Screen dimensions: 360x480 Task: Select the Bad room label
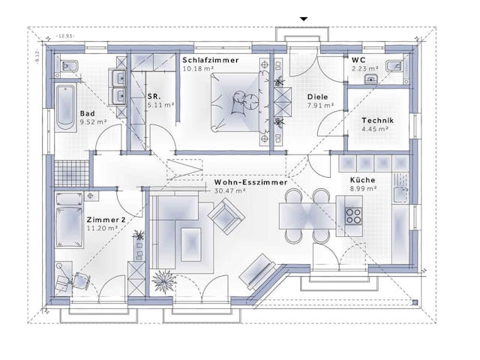click(x=87, y=114)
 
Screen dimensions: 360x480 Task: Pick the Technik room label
click(x=377, y=120)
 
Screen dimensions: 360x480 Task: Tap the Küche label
click(x=362, y=180)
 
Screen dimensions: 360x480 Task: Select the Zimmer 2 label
click(x=103, y=218)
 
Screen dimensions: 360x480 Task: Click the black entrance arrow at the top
click(x=304, y=18)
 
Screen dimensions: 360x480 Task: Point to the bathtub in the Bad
click(x=65, y=108)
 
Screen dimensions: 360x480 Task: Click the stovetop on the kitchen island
click(x=352, y=216)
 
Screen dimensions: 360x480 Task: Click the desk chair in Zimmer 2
click(x=79, y=280)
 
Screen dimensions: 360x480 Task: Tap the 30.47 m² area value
click(x=230, y=191)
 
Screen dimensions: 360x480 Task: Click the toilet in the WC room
click(x=394, y=66)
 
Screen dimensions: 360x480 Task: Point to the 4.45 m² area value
click(x=373, y=129)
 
